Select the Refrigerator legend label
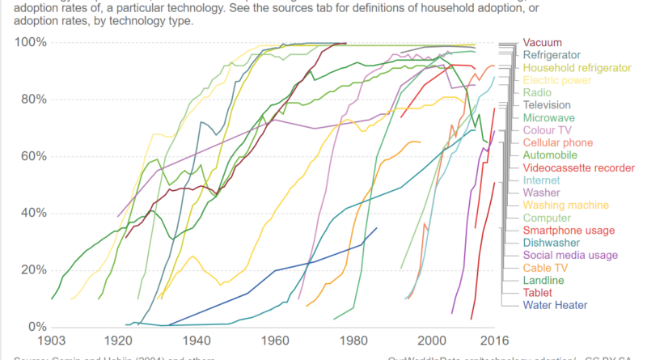tap(552, 55)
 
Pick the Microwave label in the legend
tap(549, 118)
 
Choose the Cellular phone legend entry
tap(557, 142)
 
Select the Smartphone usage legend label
tap(568, 231)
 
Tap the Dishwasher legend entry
tap(550, 243)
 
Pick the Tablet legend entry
tap(539, 292)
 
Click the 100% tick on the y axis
tap(28, 42)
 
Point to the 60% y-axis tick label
tap(32, 156)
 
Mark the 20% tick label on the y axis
tap(32, 270)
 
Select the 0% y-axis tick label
tap(35, 327)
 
